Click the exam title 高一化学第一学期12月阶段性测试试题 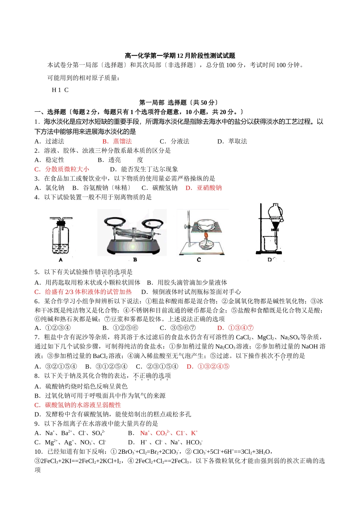pos(180,56)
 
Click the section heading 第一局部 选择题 pos(178,103)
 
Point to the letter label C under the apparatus pos(199,260)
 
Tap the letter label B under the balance pos(135,260)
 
